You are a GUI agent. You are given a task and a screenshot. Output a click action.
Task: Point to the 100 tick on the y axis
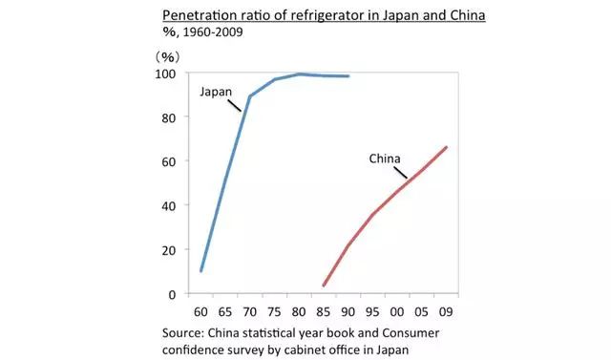pos(166,74)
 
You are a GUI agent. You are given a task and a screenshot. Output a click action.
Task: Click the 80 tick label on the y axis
pos(169,117)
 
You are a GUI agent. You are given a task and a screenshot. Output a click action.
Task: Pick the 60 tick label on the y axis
pos(169,161)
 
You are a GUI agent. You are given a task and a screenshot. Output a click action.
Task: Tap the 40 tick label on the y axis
pos(169,205)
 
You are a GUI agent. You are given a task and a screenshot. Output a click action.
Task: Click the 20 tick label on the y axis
pos(169,250)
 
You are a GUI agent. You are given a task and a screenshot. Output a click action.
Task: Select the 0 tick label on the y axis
pos(173,294)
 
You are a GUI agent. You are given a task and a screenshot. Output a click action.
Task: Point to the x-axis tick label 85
pos(324,311)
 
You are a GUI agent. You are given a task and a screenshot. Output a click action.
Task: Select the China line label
pos(385,159)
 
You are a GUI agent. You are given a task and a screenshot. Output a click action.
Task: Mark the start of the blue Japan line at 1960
pos(200,271)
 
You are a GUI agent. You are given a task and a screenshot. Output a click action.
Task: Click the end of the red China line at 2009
pos(446,147)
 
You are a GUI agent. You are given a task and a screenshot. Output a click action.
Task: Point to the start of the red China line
pos(324,286)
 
